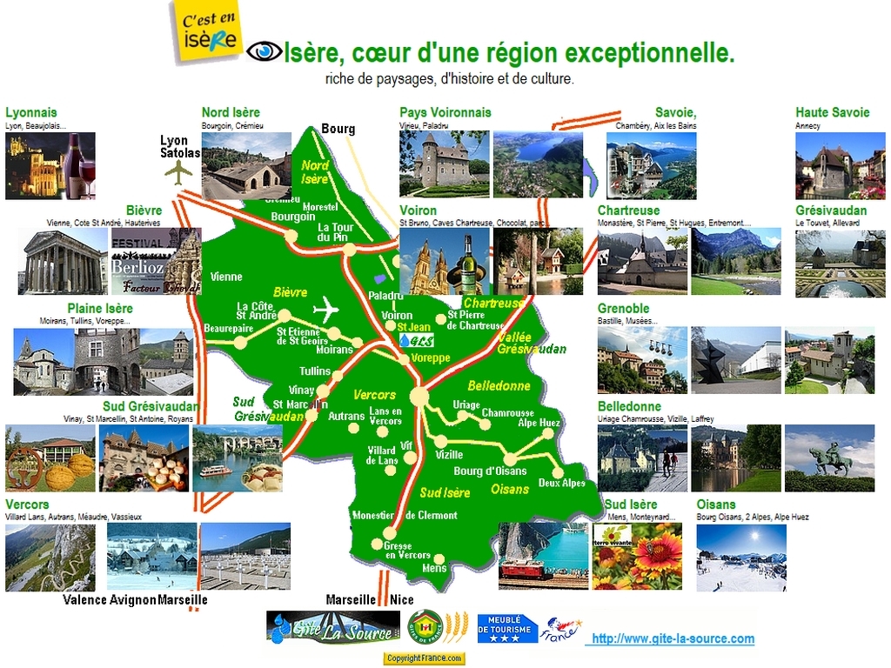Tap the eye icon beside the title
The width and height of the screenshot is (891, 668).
tap(264, 52)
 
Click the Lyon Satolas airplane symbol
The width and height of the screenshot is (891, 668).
tap(178, 172)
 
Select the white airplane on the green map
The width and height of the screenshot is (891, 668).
tap(326, 309)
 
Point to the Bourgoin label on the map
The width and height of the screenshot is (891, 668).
tap(292, 217)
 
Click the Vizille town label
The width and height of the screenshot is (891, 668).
tap(449, 455)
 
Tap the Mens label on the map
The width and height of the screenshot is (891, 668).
tap(433, 568)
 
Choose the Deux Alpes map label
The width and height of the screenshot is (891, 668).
tap(561, 483)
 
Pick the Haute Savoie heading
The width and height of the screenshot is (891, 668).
tap(832, 112)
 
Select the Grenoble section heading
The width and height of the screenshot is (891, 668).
tap(623, 309)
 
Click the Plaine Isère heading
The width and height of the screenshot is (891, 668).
tap(100, 309)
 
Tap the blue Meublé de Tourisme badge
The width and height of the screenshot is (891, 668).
tap(507, 628)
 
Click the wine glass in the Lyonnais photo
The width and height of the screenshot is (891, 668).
tap(85, 178)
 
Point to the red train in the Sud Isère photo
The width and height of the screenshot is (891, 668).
tap(522, 570)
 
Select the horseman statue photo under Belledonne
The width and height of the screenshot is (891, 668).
tap(828, 458)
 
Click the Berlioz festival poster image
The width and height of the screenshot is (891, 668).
tap(137, 261)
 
